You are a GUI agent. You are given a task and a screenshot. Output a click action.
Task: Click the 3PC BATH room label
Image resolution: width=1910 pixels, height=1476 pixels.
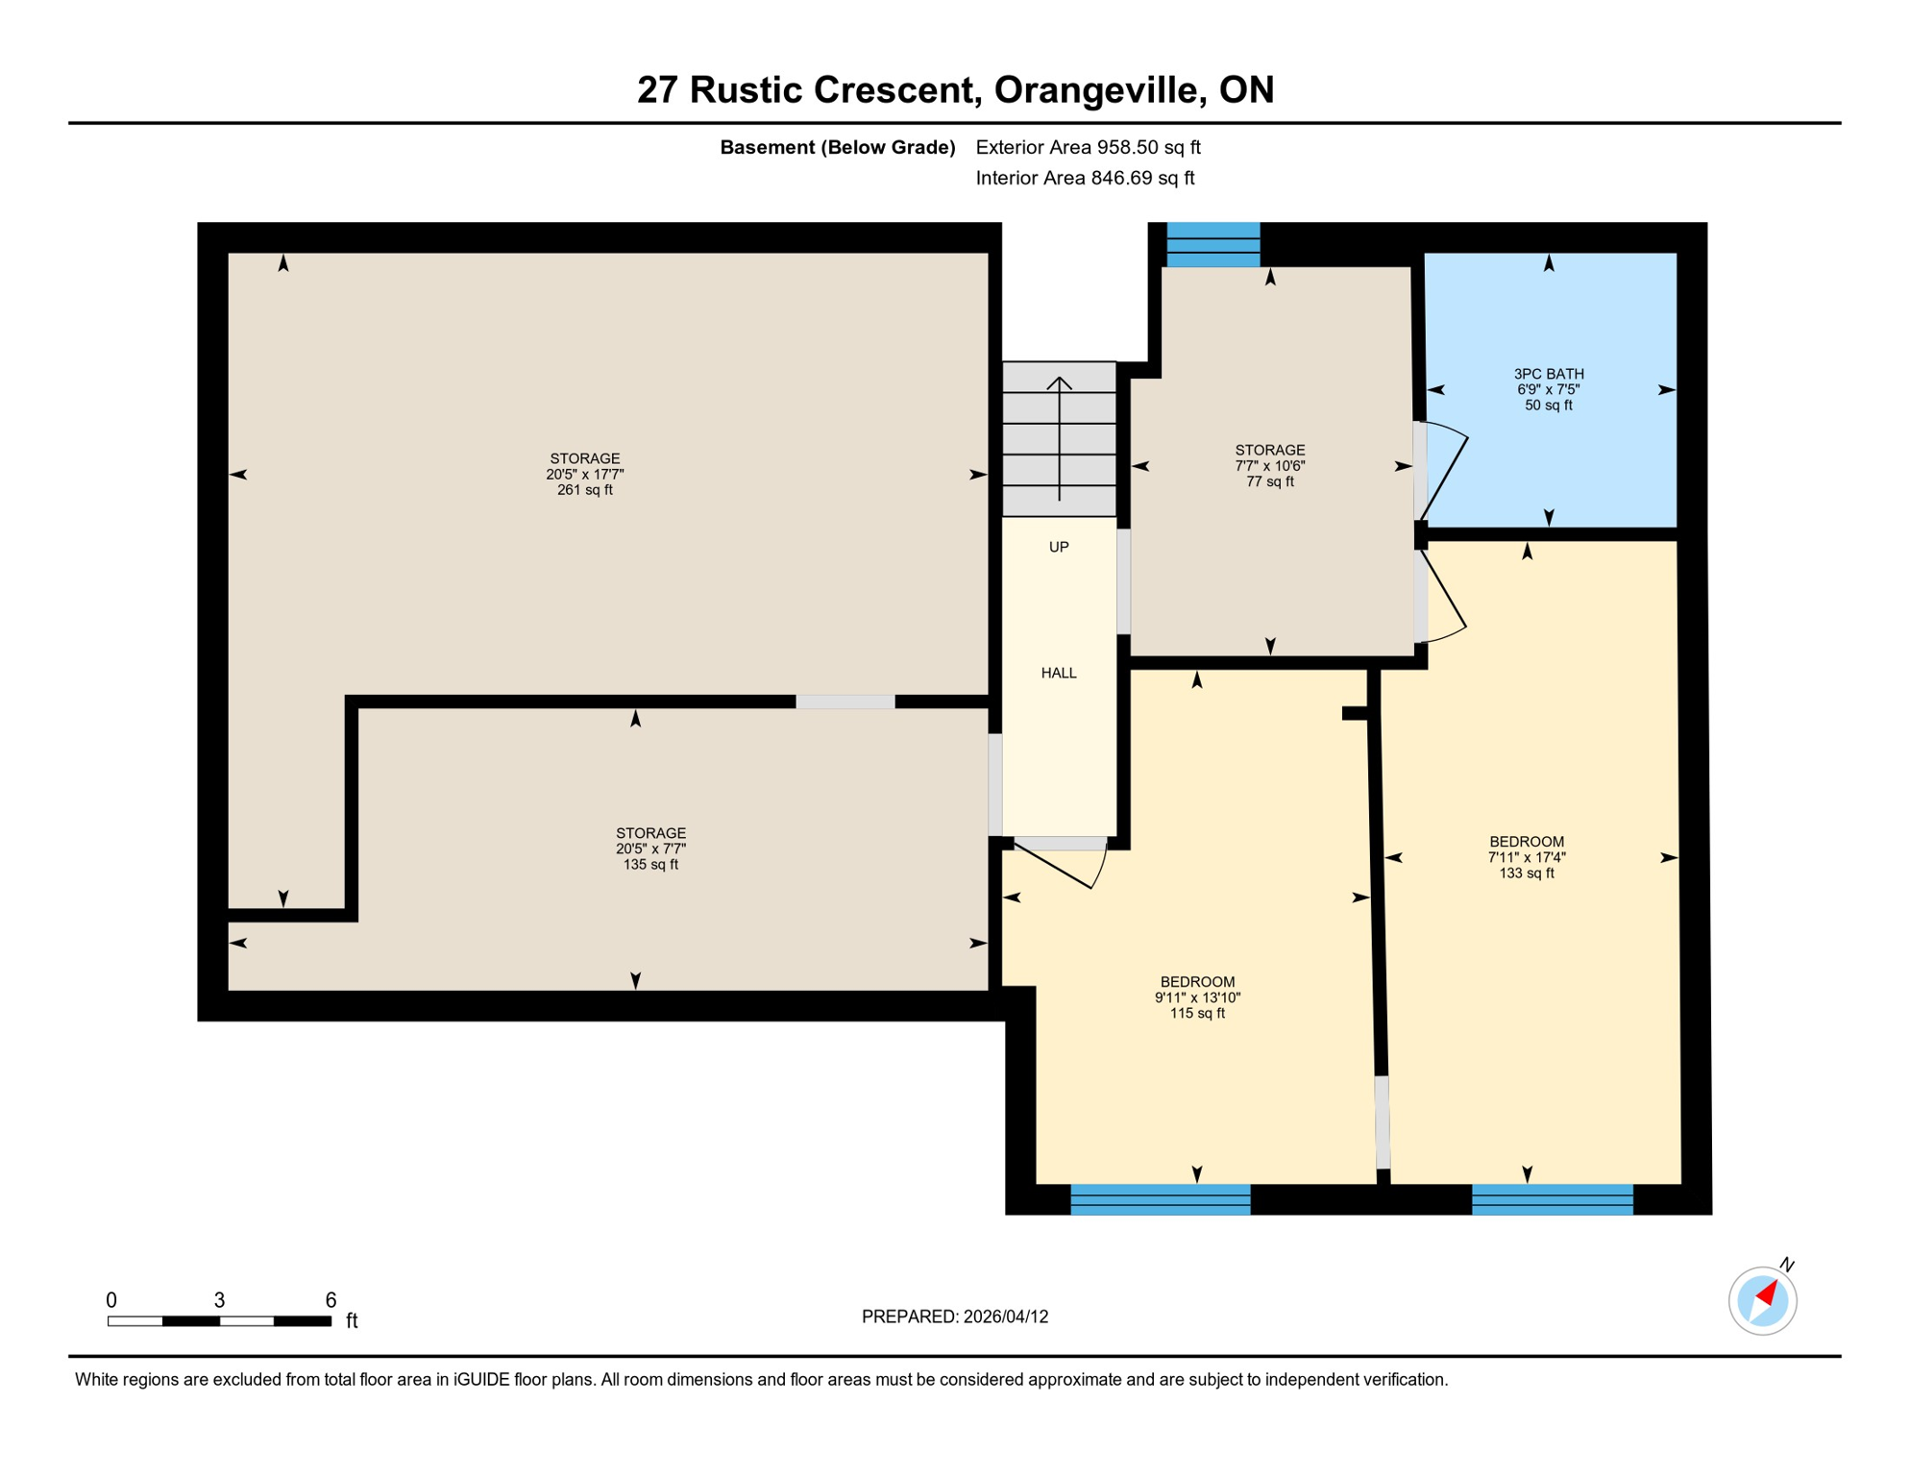point(1548,374)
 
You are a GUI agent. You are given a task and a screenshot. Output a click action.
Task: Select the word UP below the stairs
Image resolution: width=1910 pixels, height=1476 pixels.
point(1058,547)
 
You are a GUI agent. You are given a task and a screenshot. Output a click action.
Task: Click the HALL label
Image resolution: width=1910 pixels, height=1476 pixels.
point(1058,673)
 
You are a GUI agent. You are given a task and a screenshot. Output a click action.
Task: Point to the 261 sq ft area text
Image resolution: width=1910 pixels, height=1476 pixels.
point(584,490)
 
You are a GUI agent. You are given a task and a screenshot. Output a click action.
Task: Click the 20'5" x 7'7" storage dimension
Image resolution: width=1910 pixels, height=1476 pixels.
point(650,849)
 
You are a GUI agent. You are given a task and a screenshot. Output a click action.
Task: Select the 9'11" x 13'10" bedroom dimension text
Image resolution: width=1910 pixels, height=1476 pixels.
point(1196,997)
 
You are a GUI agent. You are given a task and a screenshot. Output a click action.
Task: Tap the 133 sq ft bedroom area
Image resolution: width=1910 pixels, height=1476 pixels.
point(1526,873)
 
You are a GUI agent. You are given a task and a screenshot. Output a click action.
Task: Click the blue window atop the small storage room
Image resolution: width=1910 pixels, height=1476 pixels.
point(1212,245)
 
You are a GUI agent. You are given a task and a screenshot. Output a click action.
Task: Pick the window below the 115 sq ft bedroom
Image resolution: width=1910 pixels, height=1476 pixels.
point(1160,1199)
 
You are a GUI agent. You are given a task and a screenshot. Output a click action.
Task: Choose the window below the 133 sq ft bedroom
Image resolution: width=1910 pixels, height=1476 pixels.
point(1552,1199)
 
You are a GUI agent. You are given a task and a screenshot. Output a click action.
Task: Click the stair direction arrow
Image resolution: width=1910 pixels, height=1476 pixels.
point(1059,437)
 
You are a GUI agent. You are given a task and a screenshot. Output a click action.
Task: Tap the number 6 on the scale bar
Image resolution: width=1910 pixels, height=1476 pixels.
point(331,1300)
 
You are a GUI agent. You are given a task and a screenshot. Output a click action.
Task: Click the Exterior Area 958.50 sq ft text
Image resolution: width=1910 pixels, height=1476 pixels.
point(1088,147)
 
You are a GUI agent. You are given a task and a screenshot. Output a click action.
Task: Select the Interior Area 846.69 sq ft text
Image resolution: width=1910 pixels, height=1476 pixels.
point(1085,178)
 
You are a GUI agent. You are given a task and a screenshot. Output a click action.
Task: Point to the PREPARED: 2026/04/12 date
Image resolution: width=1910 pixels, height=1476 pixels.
point(954,1316)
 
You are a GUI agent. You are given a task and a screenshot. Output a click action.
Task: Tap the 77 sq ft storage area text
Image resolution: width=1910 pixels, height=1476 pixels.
point(1269,481)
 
